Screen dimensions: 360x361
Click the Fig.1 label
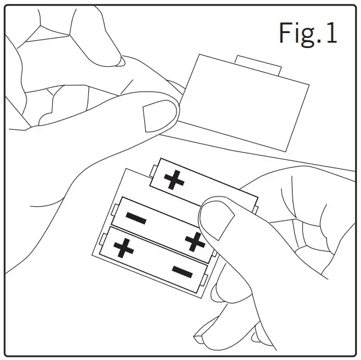click(x=308, y=33)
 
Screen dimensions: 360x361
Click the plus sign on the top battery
click(x=174, y=180)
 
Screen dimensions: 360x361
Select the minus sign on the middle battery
click(x=136, y=218)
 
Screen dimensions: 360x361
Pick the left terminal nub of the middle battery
click(x=114, y=209)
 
